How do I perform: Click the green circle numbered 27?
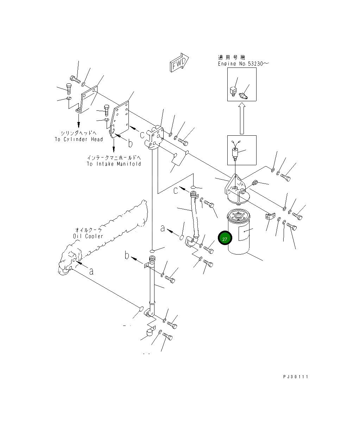pyautogui.click(x=225, y=238)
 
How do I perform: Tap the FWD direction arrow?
pyautogui.click(x=179, y=62)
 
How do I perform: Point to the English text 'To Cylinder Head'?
pyautogui.click(x=79, y=139)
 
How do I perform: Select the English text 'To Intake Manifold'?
pyautogui.click(x=114, y=164)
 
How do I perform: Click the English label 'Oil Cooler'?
pyautogui.click(x=88, y=236)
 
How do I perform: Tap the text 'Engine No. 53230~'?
pyautogui.click(x=243, y=64)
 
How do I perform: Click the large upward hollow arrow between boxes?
pyautogui.click(x=242, y=118)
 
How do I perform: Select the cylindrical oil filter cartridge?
pyautogui.click(x=238, y=231)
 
